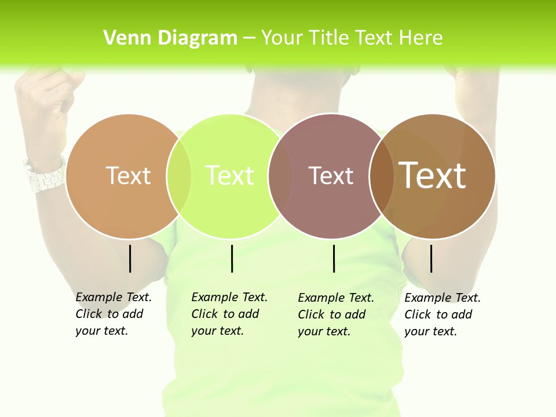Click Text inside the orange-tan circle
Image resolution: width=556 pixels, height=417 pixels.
[x=128, y=175]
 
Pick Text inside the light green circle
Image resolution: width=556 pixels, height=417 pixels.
[x=229, y=175]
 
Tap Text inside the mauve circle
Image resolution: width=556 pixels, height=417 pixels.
[x=331, y=175]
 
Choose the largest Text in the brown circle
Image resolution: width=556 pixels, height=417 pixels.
[x=432, y=175]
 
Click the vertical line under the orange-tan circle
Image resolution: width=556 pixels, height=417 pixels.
[x=130, y=258]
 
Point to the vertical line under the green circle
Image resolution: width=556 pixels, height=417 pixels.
[x=232, y=258]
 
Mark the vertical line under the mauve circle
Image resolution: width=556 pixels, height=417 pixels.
[x=334, y=258]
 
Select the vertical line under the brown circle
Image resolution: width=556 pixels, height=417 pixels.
[x=431, y=258]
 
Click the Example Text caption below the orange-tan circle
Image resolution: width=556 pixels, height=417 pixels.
[x=114, y=314]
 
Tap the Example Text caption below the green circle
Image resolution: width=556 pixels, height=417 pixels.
[x=229, y=314]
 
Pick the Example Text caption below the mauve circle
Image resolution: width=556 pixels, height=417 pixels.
[x=336, y=314]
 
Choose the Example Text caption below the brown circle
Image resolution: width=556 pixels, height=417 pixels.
[x=442, y=314]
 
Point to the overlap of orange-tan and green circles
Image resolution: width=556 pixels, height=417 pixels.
[x=180, y=175]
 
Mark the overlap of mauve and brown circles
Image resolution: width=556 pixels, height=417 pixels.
[x=382, y=175]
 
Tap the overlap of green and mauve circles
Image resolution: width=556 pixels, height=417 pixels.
[x=281, y=175]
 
